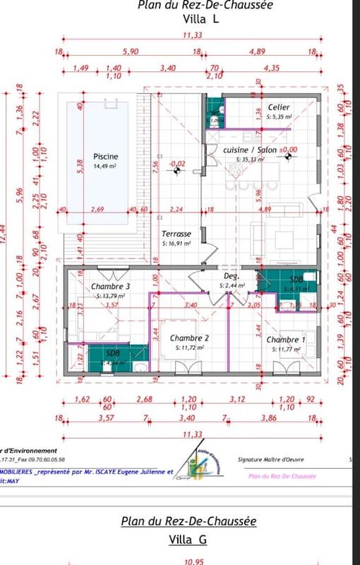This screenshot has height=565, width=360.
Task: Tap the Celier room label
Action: point(278,107)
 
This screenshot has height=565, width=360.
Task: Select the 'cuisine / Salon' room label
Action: point(250,150)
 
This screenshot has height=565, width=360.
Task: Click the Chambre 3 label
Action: point(110,286)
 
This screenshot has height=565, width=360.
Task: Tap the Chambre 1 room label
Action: point(286,339)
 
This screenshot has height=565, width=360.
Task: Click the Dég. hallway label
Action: point(232,276)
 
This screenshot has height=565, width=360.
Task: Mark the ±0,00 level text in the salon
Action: point(288,150)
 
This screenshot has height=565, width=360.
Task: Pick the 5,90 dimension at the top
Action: point(130,52)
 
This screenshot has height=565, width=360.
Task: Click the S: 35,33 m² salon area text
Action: point(250,160)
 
